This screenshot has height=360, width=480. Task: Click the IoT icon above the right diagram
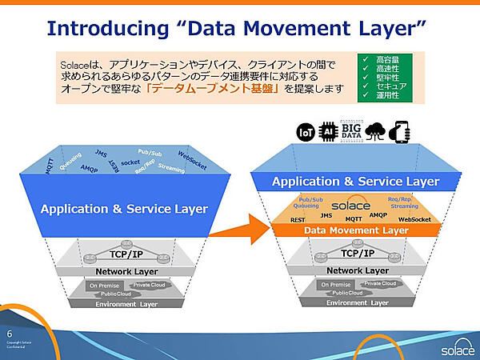click(305, 132)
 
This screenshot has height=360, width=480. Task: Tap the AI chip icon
click(328, 132)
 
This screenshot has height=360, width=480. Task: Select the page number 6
click(10, 333)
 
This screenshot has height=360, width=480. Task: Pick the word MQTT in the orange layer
click(353, 218)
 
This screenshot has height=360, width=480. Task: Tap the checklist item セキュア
click(391, 86)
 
